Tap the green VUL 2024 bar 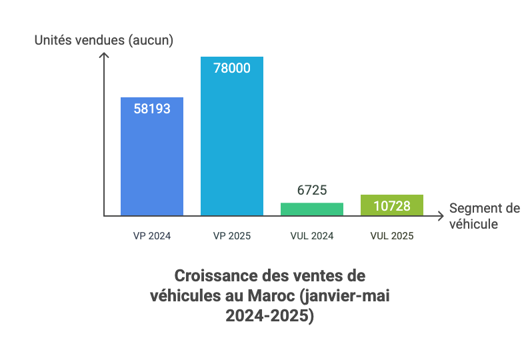[312, 209]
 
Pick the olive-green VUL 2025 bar [392, 205]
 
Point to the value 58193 [151, 108]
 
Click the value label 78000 [232, 67]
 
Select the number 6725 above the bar [312, 190]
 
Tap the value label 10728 [392, 205]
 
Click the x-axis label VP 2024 [151, 236]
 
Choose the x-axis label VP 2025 [232, 236]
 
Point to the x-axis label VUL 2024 [312, 236]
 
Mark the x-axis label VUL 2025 [392, 236]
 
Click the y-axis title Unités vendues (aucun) [104, 40]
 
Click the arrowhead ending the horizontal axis [441, 215]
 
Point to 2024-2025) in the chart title [269, 317]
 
